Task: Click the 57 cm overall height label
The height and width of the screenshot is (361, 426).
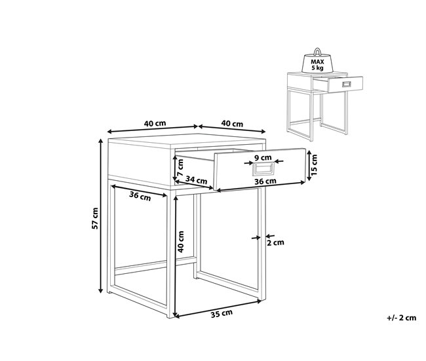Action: click(x=95, y=218)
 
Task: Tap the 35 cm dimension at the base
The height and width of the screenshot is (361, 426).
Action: click(x=222, y=313)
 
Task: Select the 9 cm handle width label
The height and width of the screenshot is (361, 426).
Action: click(x=263, y=157)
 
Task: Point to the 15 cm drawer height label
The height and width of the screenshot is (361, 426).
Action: click(x=314, y=165)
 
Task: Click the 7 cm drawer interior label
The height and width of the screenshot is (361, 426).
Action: click(x=180, y=168)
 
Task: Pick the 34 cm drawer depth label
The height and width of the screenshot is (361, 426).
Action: click(x=196, y=180)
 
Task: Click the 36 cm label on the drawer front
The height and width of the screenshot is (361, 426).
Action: click(x=265, y=181)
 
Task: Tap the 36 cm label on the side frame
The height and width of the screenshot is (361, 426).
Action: click(x=140, y=196)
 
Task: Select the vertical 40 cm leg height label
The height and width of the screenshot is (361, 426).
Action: click(x=181, y=242)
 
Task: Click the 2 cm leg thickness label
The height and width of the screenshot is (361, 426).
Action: click(x=275, y=242)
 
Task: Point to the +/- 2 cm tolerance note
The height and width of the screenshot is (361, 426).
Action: click(x=402, y=318)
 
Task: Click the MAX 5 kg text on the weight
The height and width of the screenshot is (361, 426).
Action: click(x=317, y=65)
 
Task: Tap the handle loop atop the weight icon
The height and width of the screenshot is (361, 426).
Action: click(x=317, y=52)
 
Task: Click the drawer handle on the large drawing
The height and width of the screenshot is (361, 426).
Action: click(x=263, y=169)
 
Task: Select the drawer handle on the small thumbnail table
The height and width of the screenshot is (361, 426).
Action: click(x=347, y=85)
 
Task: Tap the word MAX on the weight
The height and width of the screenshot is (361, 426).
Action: click(x=317, y=62)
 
